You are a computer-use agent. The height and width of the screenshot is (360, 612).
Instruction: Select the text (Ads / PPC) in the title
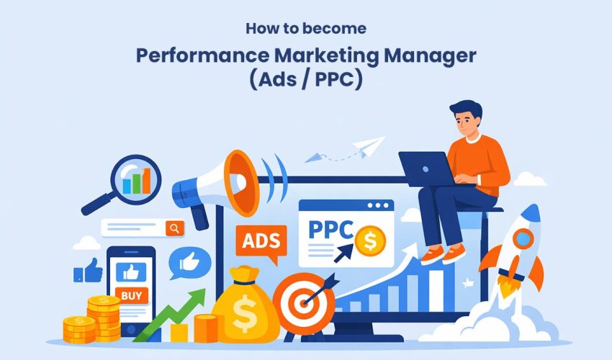tap(306, 80)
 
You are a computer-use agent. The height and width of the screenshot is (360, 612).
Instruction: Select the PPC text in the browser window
tap(329, 231)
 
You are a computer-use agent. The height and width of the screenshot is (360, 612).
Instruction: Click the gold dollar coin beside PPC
tap(370, 239)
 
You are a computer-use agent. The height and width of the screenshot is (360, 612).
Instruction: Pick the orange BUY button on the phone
tap(131, 294)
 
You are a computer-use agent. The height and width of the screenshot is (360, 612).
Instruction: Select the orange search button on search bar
tap(174, 228)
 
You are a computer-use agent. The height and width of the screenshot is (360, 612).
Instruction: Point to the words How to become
tap(305, 30)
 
